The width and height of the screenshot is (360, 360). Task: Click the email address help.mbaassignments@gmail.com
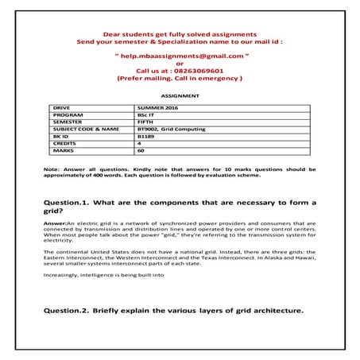(180, 57)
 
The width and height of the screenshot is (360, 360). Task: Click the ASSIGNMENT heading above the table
(180, 95)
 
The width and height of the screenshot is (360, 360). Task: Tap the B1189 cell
(146, 135)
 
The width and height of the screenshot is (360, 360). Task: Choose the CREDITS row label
(65, 142)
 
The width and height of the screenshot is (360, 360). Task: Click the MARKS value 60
(141, 149)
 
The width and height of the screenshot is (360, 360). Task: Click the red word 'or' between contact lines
(180, 64)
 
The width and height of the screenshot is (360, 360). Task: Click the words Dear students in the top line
(127, 34)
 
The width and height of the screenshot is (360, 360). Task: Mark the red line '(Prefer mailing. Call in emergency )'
(180, 79)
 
